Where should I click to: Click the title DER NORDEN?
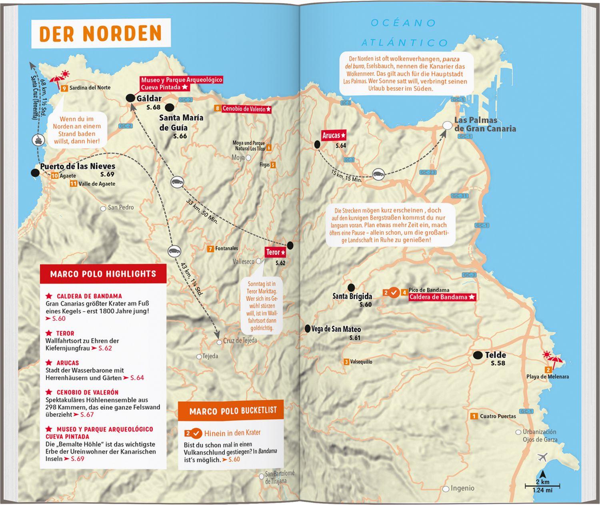(x=100, y=34)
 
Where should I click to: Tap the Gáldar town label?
(x=149, y=98)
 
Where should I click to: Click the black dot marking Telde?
(x=477, y=355)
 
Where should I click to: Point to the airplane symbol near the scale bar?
(x=543, y=457)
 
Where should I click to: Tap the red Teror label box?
(x=275, y=252)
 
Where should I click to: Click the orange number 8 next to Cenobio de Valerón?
(x=217, y=108)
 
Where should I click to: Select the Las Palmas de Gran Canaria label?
(x=484, y=124)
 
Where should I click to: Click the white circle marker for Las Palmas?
(x=448, y=126)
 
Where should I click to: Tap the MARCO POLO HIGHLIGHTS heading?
(x=103, y=274)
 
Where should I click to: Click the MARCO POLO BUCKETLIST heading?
(x=233, y=411)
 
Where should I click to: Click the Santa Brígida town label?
(x=352, y=297)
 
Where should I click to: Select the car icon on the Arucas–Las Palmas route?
(x=378, y=174)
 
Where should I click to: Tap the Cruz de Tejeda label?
(x=240, y=341)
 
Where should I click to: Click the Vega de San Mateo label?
(x=336, y=329)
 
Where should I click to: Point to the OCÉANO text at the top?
(x=403, y=23)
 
